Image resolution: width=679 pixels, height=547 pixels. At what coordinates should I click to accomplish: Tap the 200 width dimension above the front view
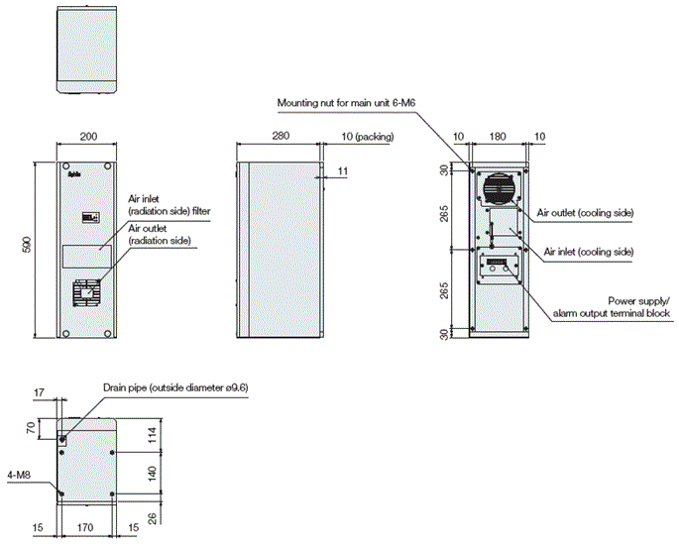88,138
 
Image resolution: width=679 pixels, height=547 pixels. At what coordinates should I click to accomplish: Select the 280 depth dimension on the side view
279,138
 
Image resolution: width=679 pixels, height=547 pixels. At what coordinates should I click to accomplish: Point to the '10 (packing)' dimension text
366,138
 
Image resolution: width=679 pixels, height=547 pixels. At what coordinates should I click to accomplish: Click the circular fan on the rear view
500,188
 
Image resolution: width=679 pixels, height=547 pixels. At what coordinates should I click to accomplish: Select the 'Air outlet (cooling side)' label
585,213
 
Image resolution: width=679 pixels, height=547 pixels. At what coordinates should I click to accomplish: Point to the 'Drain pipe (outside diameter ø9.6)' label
174,387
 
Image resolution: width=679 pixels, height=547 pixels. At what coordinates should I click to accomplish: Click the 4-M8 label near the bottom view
18,474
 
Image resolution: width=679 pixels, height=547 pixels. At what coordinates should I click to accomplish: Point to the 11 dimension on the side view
341,172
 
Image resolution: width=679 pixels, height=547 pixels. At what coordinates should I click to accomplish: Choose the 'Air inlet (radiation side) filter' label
170,206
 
